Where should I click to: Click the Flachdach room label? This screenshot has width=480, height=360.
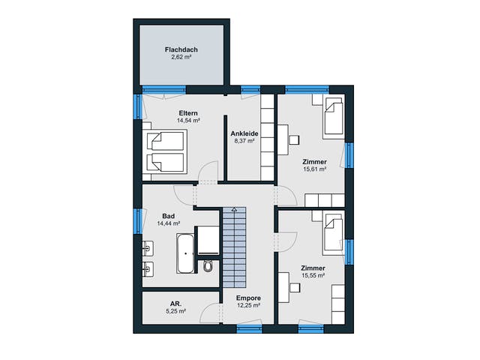(x=181, y=49)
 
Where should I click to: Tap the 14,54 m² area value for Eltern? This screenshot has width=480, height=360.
(x=188, y=120)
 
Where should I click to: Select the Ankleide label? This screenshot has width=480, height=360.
(x=244, y=133)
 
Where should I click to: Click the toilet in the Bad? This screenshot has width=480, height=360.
(x=208, y=266)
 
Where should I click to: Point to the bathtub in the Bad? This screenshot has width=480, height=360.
(x=185, y=253)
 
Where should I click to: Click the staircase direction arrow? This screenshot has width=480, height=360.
(x=234, y=210)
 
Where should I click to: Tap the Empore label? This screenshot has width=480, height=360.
(x=248, y=298)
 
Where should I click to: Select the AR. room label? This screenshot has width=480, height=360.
(x=175, y=304)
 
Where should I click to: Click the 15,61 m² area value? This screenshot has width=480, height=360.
(x=314, y=169)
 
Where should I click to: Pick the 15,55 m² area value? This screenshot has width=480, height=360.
(x=313, y=275)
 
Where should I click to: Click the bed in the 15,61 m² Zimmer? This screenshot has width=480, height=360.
(x=333, y=116)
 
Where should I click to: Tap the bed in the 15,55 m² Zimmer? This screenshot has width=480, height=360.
(x=333, y=232)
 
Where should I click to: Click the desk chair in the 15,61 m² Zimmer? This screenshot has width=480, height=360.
(x=294, y=139)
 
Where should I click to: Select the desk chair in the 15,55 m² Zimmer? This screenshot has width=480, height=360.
(x=295, y=288)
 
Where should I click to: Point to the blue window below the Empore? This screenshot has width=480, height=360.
(x=250, y=329)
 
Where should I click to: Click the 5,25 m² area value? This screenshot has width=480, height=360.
(x=175, y=311)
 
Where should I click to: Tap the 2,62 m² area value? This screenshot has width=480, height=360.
(x=181, y=57)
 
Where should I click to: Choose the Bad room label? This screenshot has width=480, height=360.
(x=168, y=216)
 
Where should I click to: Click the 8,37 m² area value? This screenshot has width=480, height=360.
(x=244, y=141)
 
